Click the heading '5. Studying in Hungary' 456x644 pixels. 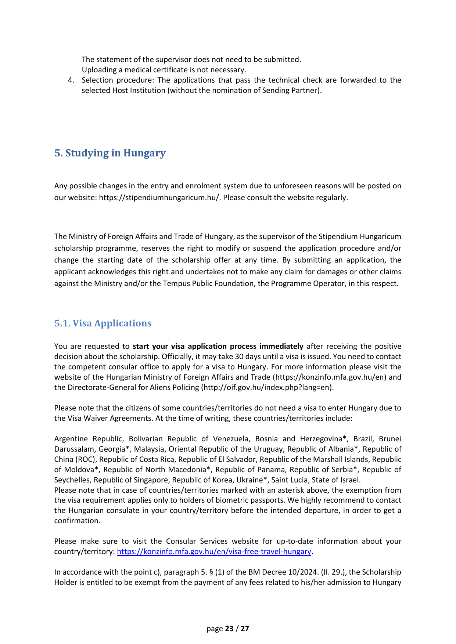pyautogui.click(x=110, y=153)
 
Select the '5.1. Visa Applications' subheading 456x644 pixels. pyautogui.click(x=103, y=323)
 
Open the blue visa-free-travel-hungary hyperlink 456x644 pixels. pyautogui.click(x=214, y=551)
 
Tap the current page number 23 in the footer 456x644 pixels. pyautogui.click(x=229, y=628)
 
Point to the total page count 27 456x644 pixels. pyautogui.click(x=245, y=628)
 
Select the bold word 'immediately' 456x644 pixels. pyautogui.click(x=281, y=346)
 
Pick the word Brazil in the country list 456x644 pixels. pyautogui.click(x=363, y=439)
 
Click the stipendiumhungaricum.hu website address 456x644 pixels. pyautogui.click(x=159, y=198)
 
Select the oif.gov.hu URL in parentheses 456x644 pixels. pyautogui.click(x=267, y=387)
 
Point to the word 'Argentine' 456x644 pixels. pyautogui.click(x=72, y=439)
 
